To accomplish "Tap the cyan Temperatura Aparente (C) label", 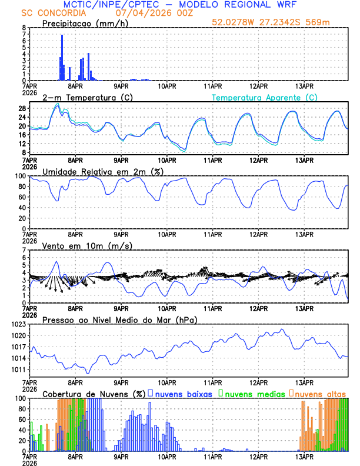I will (265, 97).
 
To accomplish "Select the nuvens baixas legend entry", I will (183, 394).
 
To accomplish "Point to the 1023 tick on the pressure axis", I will (18, 324).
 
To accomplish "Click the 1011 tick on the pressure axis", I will (18, 370).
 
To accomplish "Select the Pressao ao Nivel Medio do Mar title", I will (112, 319).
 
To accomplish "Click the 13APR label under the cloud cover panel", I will (304, 457).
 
